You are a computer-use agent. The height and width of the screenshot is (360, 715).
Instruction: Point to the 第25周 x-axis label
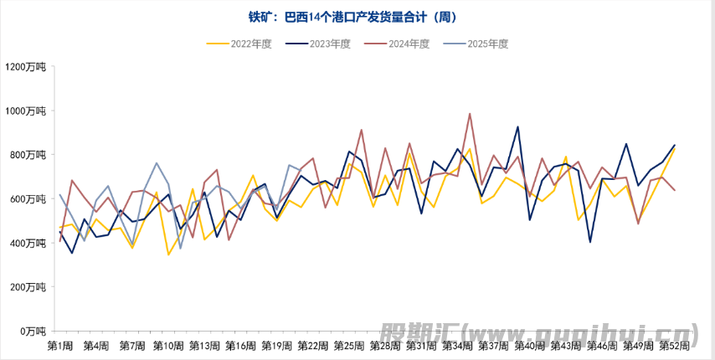[x=348, y=346]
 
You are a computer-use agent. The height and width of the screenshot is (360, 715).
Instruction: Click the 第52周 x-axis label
[x=674, y=346]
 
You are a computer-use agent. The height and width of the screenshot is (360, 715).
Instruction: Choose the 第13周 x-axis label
[x=204, y=346]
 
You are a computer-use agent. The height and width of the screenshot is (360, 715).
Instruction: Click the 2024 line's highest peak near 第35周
[x=470, y=114]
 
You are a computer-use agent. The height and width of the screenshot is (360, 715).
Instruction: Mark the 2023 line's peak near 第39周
[x=518, y=127]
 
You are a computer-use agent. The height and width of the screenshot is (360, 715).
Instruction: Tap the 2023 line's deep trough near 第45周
[x=590, y=242]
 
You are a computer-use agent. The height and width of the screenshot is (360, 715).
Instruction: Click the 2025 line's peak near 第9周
[x=157, y=163]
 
